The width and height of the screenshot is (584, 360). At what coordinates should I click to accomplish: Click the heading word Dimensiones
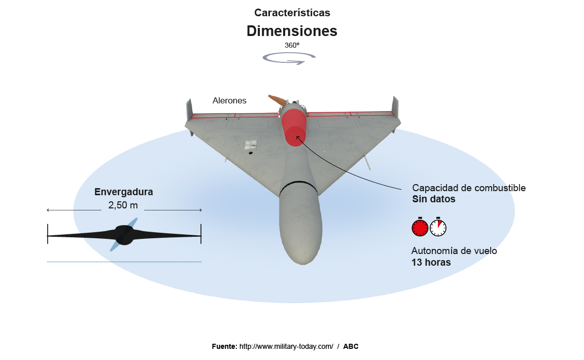pos(292,31)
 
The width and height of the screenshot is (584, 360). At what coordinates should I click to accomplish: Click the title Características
pos(292,13)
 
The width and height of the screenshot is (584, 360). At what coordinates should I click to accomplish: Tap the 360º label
pos(292,45)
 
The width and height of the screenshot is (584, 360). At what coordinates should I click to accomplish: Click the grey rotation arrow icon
pos(289,58)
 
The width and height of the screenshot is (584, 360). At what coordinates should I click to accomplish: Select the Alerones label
pos(229,101)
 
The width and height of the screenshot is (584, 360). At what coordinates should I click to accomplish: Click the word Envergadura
pos(124,192)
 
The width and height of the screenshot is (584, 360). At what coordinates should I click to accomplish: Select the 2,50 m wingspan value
pos(123,205)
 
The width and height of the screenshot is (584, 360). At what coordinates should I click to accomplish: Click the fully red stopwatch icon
pos(420,228)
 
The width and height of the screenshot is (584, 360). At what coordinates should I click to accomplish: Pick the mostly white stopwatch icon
pos(438,228)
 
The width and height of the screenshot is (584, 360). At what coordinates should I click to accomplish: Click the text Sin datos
pos(434,199)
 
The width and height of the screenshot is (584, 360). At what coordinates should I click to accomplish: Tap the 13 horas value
pos(431,262)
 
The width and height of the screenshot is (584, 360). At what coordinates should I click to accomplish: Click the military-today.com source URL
pos(286,346)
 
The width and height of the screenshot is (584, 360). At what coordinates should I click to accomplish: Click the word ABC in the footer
pos(351,346)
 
